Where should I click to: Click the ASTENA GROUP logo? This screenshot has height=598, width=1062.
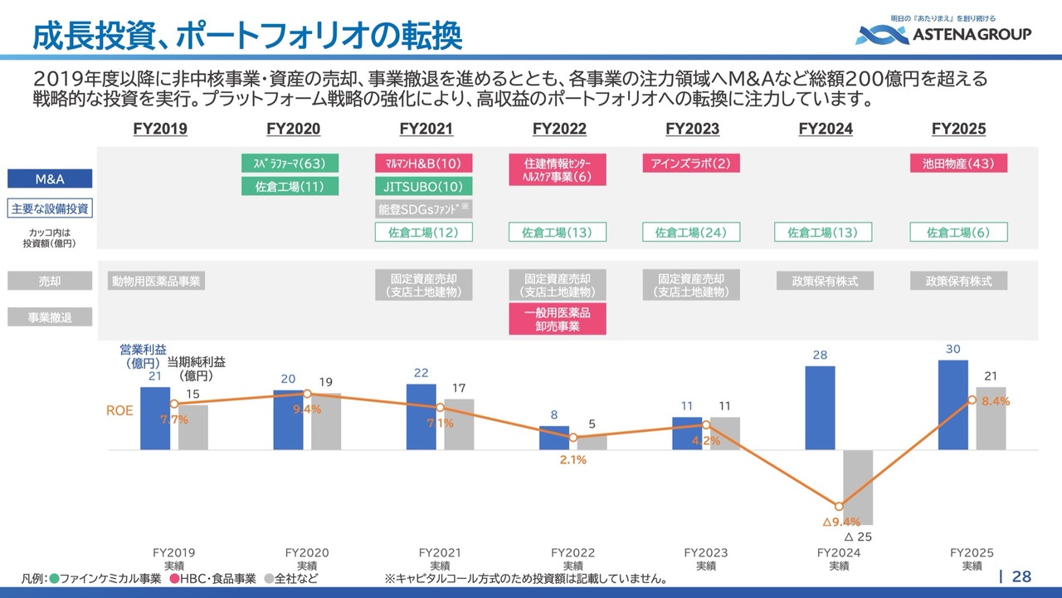943,33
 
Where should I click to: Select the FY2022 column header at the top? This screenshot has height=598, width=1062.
559,130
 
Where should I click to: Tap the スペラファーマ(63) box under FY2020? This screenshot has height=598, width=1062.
290,163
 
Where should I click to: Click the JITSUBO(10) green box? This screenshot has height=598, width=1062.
423,186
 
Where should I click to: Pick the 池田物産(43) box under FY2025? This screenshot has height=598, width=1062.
958,163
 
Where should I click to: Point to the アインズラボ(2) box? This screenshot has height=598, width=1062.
691,163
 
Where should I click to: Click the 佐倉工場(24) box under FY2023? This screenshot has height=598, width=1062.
691,233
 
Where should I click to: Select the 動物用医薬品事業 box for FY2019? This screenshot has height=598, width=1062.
156,281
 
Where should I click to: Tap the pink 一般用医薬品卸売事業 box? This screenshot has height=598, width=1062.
557,319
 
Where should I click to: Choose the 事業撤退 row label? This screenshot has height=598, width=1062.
49,316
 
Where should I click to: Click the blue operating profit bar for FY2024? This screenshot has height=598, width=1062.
820,408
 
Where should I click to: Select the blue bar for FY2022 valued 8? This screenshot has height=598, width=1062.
554,438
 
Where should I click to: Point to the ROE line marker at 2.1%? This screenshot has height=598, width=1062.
573,437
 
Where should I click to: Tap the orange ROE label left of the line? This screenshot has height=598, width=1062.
119,410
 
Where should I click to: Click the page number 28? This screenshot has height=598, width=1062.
1022,576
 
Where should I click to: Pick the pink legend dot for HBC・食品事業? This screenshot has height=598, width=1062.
174,578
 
